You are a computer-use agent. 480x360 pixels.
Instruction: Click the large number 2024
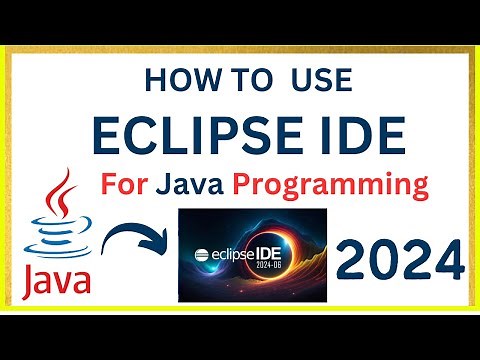399,263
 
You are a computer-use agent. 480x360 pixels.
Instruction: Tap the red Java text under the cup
56,281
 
